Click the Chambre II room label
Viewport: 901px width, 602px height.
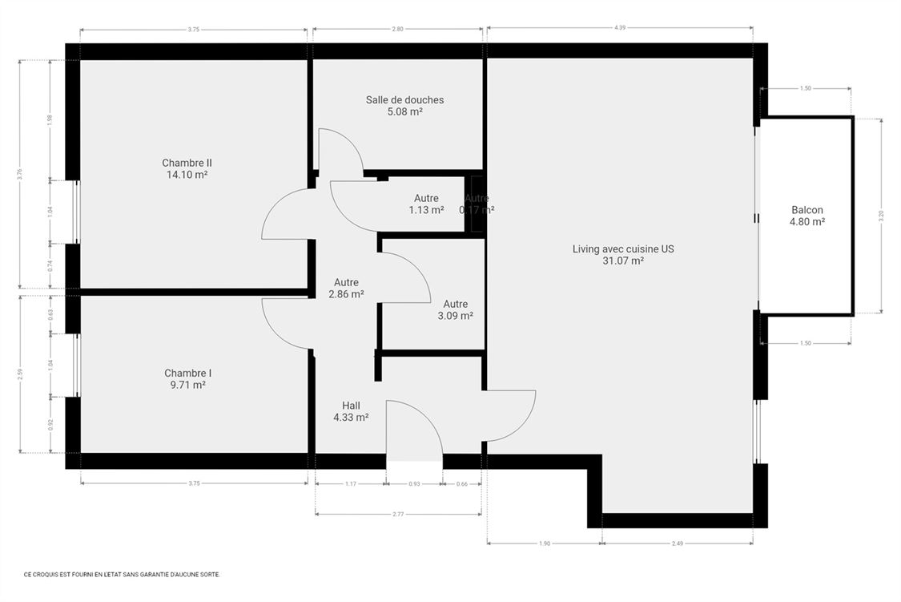click(x=187, y=163)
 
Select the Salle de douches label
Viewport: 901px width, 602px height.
click(x=404, y=100)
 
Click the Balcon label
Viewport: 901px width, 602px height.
click(x=806, y=210)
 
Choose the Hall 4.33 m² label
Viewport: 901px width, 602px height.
click(x=351, y=411)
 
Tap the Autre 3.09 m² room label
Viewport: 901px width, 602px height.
click(x=455, y=309)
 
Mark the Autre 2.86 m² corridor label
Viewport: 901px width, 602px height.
click(x=346, y=288)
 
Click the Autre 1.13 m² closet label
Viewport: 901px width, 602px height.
click(x=426, y=204)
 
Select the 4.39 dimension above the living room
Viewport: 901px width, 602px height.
click(x=619, y=28)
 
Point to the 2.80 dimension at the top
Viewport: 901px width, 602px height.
click(x=397, y=29)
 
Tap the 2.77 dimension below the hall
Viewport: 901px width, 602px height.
click(x=398, y=514)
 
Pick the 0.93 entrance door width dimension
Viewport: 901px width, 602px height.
click(x=413, y=484)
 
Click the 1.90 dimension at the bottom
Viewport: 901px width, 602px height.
click(x=545, y=543)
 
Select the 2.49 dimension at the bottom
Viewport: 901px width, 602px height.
click(x=678, y=543)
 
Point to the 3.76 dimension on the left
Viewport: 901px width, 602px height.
click(x=20, y=172)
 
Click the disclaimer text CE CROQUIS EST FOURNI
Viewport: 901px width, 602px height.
click(x=122, y=574)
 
